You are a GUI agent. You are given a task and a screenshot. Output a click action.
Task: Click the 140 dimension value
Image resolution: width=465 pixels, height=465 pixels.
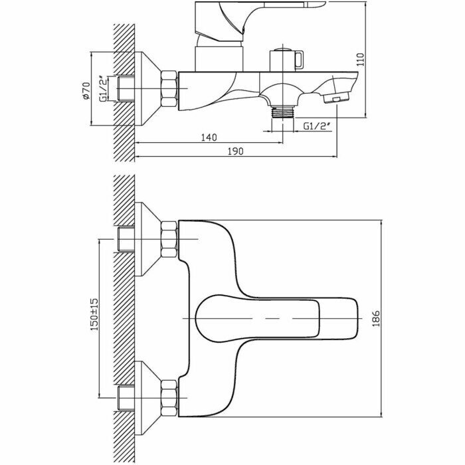209,138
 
